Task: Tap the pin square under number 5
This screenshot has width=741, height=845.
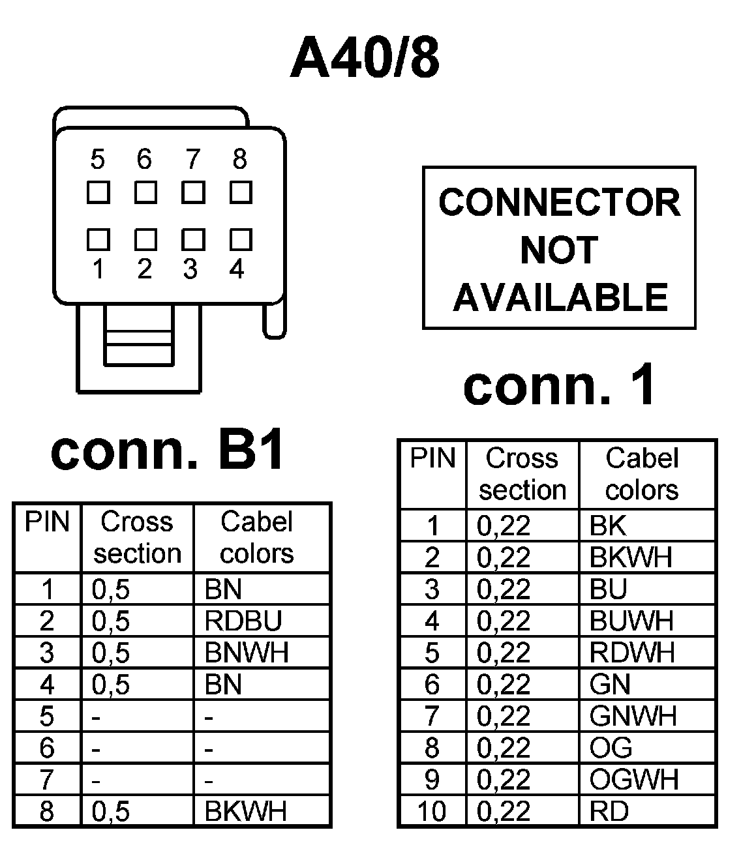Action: click(x=98, y=193)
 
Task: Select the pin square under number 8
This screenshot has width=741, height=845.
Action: click(x=241, y=193)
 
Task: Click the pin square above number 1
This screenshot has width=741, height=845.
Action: click(x=98, y=239)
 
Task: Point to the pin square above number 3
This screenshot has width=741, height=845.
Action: click(x=193, y=239)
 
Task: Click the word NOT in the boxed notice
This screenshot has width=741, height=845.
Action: click(x=559, y=250)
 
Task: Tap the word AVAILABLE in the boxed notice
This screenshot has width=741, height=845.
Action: click(x=560, y=297)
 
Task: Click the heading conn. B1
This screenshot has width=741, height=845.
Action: click(x=168, y=451)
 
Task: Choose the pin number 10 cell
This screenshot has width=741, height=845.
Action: click(x=431, y=812)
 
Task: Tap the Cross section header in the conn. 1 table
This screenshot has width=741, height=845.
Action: click(x=522, y=474)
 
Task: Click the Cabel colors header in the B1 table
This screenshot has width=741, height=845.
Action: click(x=257, y=537)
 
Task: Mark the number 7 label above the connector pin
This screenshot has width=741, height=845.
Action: click(x=192, y=159)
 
